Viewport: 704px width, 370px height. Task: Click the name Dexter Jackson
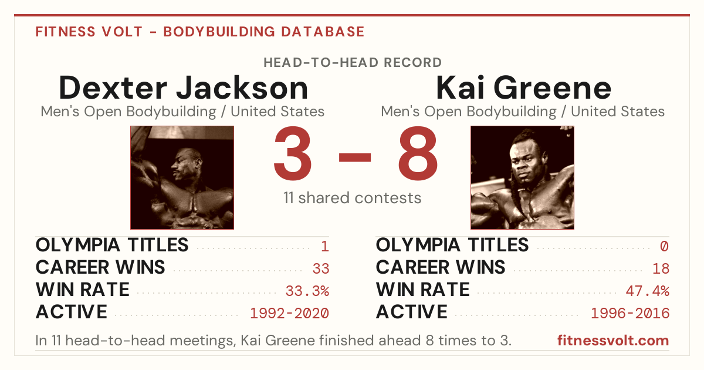(x=183, y=88)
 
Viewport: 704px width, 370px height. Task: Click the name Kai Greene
(x=523, y=88)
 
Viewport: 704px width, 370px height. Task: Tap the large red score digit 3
(x=293, y=153)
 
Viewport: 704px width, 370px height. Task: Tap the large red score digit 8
(x=418, y=153)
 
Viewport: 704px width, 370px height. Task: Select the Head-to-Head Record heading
(x=353, y=62)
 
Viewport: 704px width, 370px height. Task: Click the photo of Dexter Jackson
(x=182, y=177)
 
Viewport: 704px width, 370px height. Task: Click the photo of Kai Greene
(x=522, y=177)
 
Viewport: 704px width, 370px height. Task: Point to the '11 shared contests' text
(x=353, y=198)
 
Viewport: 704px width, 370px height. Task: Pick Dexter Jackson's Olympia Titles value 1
(x=325, y=246)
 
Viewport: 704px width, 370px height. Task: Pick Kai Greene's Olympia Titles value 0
(x=664, y=246)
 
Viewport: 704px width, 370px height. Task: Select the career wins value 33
(x=321, y=269)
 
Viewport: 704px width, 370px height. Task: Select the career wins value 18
(x=661, y=269)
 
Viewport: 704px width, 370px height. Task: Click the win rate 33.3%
(x=307, y=291)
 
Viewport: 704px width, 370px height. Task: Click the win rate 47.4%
(x=648, y=291)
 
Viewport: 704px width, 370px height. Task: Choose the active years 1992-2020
(x=289, y=314)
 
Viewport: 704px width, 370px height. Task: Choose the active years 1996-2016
(x=630, y=314)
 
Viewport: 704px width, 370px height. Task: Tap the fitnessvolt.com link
(x=613, y=341)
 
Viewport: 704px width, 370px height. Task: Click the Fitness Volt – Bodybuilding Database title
(x=200, y=32)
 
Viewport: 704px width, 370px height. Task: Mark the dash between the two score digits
(x=355, y=157)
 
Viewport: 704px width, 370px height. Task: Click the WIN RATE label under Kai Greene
(x=423, y=290)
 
